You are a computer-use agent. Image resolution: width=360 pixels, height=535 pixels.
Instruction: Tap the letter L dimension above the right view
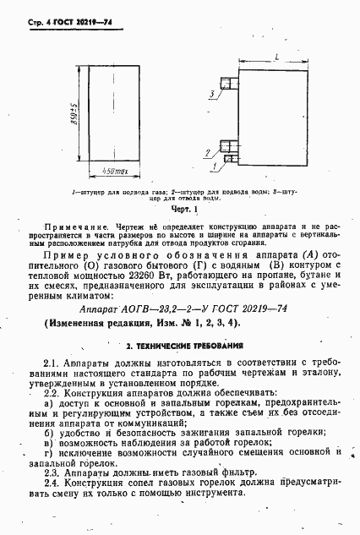277,56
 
